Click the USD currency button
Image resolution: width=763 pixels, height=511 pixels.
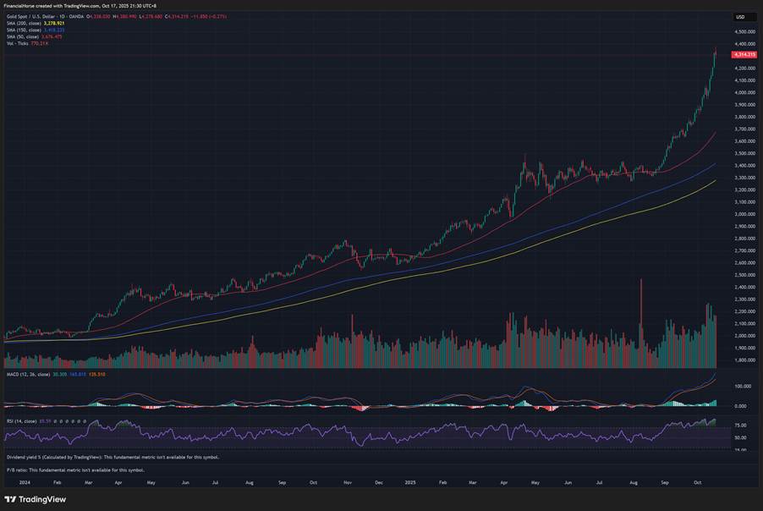(740, 17)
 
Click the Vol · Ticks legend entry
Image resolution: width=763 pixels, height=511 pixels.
(17, 42)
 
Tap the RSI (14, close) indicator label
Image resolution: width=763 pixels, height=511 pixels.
(21, 420)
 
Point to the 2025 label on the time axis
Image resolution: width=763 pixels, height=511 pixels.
(410, 482)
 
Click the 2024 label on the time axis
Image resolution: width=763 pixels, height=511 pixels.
(25, 482)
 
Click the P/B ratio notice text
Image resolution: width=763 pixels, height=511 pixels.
(75, 470)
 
